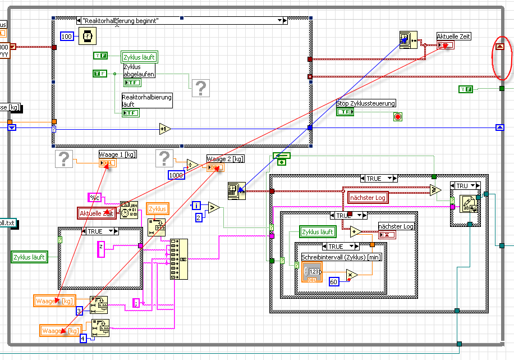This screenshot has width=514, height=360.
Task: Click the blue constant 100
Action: point(67,37)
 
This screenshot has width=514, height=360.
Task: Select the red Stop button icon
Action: point(398,117)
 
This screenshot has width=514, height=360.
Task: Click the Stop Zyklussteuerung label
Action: point(366,103)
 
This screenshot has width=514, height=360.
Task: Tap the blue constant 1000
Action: point(176,175)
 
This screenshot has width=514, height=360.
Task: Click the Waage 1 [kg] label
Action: point(118,154)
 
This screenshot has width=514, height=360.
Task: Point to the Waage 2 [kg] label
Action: point(225,159)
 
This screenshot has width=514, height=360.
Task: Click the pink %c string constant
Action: point(94,197)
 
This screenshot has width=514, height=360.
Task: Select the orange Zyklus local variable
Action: point(158,209)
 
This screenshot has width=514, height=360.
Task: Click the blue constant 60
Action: point(333,281)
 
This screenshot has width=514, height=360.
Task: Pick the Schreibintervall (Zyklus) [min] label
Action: point(333,257)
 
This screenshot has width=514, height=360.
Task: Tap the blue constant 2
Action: point(199,217)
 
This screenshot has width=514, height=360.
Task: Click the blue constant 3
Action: point(79,310)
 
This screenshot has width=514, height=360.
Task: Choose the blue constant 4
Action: point(83,338)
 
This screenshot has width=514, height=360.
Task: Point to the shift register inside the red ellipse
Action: point(500,47)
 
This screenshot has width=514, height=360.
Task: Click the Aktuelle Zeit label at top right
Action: point(454,37)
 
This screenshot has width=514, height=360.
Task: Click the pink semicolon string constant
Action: point(135,303)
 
